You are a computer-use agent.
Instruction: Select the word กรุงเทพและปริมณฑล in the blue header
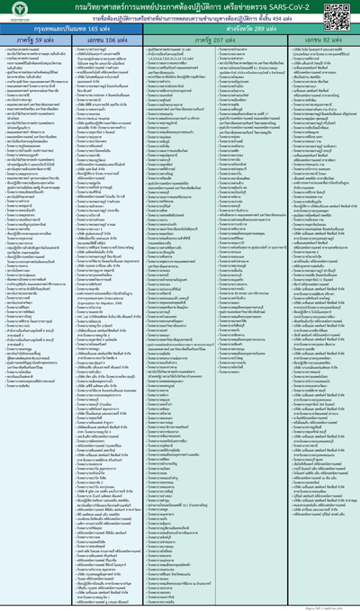click(x=61, y=31)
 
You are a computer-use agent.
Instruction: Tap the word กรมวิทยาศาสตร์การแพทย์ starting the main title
click(x=99, y=7)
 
